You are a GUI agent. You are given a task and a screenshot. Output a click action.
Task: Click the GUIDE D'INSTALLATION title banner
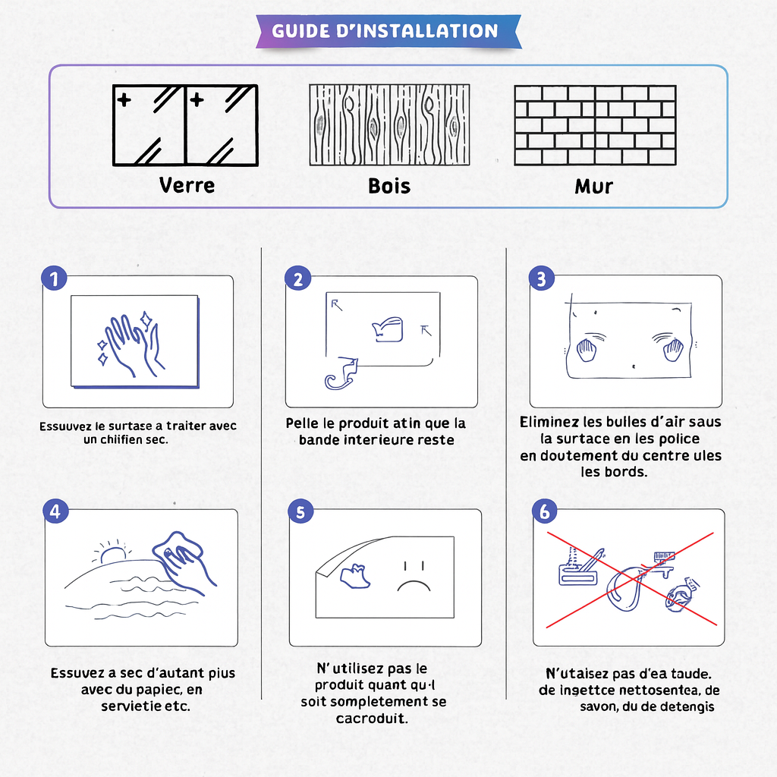click(x=387, y=31)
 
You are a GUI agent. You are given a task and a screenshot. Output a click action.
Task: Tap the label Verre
click(x=187, y=185)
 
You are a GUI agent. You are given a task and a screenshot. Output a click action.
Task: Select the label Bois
click(x=388, y=186)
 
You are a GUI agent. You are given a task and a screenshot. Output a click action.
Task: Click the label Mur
click(x=593, y=186)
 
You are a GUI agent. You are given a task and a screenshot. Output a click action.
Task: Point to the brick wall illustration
click(x=595, y=125)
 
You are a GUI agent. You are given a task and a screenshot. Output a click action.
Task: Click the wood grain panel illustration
click(x=388, y=125)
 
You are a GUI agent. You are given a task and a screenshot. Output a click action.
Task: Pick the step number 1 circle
click(x=53, y=278)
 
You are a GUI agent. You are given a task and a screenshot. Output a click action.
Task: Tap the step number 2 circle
click(x=297, y=278)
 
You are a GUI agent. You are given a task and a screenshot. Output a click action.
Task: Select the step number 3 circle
click(x=541, y=278)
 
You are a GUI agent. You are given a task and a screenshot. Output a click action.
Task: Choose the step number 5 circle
click(x=300, y=511)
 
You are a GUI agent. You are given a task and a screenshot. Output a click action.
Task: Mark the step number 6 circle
click(x=544, y=511)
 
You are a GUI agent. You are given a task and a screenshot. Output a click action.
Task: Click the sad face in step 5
click(x=411, y=577)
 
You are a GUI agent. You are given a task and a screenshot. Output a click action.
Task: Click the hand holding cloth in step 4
click(x=184, y=562)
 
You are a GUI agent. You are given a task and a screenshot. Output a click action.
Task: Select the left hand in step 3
click(x=587, y=350)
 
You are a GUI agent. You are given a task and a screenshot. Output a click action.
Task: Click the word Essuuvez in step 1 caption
click(x=61, y=426)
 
